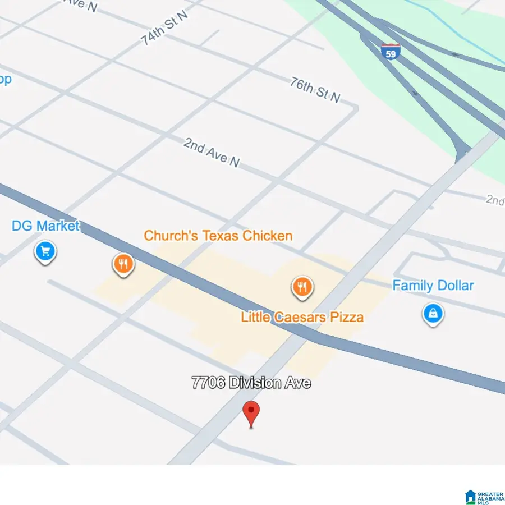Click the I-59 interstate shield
pos(390,52)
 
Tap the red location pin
pos(251,414)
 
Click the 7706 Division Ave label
pos(251,383)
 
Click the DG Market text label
pos(46,227)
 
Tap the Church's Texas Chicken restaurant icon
pos(123,263)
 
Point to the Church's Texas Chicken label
pos(218,236)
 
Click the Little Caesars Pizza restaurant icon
pos(302,287)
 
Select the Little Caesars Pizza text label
pos(302,317)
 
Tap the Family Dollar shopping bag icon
pos(433,313)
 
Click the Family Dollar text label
pos(433,286)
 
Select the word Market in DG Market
pos(58,227)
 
